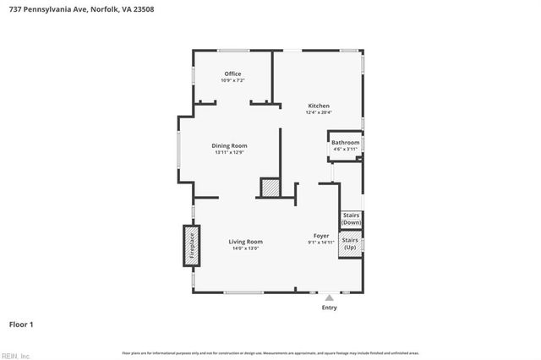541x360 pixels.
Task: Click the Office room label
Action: (232, 74)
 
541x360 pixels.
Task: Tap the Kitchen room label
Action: (318, 106)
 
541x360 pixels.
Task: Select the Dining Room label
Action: (229, 145)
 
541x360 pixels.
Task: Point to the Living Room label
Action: (245, 242)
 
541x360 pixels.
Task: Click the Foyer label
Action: (321, 236)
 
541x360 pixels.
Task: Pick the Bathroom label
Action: (345, 143)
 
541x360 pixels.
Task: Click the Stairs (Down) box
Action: (351, 219)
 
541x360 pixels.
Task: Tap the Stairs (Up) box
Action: (350, 244)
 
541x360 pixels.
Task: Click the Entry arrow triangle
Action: (330, 297)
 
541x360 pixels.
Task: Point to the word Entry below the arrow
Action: (330, 308)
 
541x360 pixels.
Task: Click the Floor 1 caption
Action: (21, 324)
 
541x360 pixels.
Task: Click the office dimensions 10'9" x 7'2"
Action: (232, 80)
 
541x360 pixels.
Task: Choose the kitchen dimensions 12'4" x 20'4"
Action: (318, 112)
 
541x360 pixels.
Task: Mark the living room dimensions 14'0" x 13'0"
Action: (245, 248)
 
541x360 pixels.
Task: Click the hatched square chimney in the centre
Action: (270, 188)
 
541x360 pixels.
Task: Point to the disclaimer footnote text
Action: (270, 352)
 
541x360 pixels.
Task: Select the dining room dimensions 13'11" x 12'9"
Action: (229, 152)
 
